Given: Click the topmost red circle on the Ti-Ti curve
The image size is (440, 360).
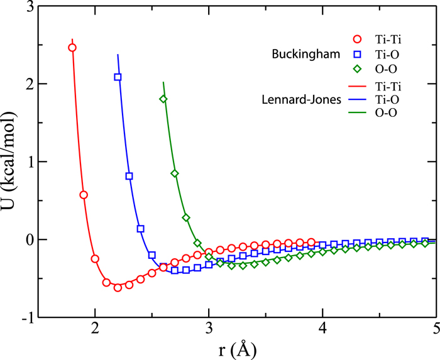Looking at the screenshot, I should click(x=72, y=48).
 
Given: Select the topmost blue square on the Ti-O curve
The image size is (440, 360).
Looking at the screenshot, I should click(x=118, y=77).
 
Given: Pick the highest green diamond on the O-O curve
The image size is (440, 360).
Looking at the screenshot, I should click(x=163, y=99).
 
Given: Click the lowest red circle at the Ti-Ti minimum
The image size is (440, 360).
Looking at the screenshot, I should click(x=118, y=288).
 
